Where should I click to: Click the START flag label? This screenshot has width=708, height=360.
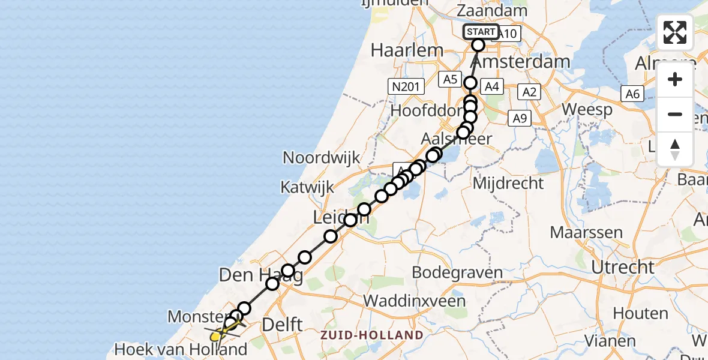(481, 32)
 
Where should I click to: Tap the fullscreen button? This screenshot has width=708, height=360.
(675, 32)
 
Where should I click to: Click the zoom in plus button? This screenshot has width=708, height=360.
(675, 80)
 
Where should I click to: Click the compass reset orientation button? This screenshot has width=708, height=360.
(675, 149)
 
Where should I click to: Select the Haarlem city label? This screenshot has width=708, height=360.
(402, 50)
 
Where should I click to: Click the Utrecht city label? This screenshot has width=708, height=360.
(622, 266)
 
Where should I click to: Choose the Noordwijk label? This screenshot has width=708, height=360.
(322, 158)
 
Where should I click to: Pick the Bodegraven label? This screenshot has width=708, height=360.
(458, 274)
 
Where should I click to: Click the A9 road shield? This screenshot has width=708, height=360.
(520, 119)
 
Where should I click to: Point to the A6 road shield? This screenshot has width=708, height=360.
(632, 94)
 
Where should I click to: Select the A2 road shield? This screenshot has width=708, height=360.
(528, 92)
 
